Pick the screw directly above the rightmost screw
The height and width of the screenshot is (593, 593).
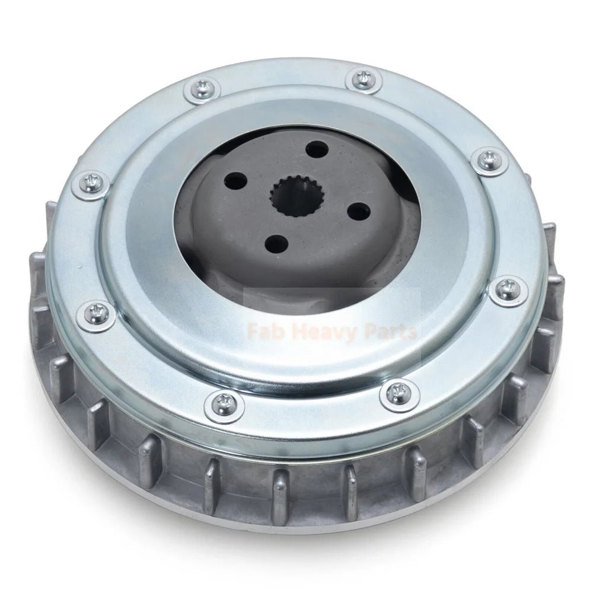pyautogui.click(x=487, y=158)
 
